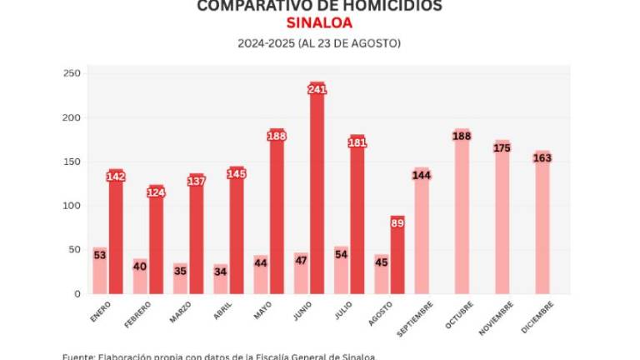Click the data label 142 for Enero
[116, 176]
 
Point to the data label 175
[502, 147]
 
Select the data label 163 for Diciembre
[542, 157]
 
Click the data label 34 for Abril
[220, 271]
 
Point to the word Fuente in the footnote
[79, 357]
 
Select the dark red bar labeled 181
[357, 221]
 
